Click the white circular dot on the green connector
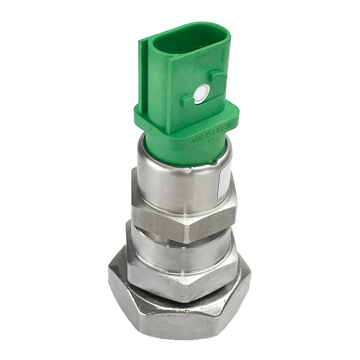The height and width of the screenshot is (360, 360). click(x=201, y=94)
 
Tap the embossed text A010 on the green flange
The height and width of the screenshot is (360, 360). click(x=197, y=141)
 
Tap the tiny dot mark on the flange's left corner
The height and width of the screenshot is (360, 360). click(x=150, y=128)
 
